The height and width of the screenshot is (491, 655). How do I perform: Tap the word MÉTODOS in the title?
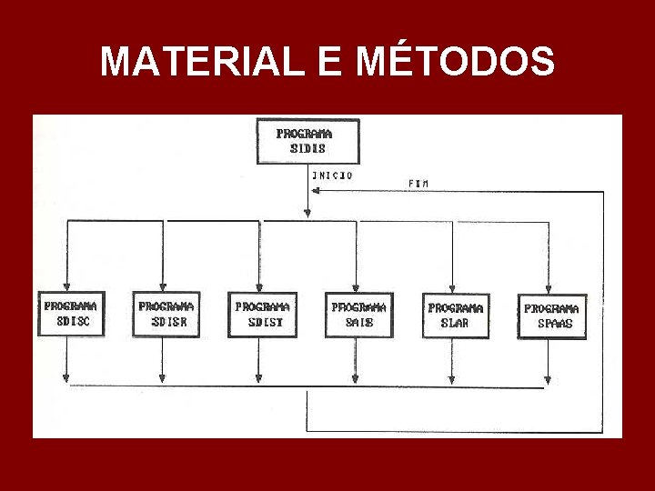click(455, 62)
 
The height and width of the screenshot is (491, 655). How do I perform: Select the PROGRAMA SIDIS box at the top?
click(307, 141)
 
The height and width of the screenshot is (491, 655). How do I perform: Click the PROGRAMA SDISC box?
click(69, 314)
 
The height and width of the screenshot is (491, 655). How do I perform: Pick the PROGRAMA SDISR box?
click(166, 314)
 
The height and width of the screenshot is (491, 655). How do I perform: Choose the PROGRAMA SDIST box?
click(262, 314)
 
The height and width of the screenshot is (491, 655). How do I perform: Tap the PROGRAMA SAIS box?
click(358, 314)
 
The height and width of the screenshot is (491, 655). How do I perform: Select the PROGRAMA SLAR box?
click(455, 315)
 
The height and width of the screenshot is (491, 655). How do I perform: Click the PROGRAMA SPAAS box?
click(551, 316)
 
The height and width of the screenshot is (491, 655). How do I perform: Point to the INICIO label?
click(332, 175)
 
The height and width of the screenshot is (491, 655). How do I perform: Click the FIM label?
click(418, 184)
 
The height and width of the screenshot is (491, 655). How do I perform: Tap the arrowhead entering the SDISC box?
click(66, 285)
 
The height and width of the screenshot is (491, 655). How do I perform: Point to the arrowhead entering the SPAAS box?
click(548, 286)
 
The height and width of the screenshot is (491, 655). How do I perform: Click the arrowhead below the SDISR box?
click(162, 376)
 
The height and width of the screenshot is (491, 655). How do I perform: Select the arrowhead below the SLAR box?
click(451, 376)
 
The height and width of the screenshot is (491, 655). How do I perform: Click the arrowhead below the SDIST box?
click(258, 376)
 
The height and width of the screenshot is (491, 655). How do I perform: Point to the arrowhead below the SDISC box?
click(66, 376)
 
